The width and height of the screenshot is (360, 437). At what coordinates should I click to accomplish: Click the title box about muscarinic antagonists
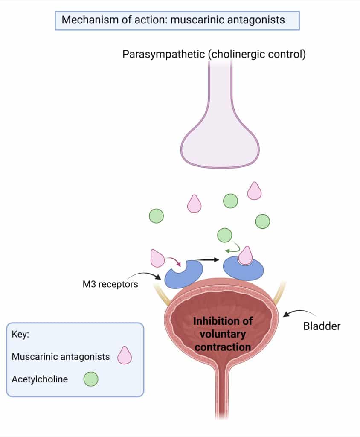[x=177, y=20]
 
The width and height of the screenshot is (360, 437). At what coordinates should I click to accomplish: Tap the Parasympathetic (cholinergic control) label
[x=214, y=55]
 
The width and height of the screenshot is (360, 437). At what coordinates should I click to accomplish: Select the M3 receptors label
[x=110, y=284]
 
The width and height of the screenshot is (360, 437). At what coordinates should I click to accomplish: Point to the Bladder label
[x=322, y=326]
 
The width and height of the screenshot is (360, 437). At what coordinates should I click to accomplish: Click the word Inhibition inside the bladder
[x=222, y=321]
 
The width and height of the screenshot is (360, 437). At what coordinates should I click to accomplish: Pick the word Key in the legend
[x=20, y=335]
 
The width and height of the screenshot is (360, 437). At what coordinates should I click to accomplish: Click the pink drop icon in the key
[x=125, y=355]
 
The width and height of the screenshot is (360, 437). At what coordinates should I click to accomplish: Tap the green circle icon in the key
[x=91, y=379]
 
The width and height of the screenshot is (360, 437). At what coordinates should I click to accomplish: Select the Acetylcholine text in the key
[x=40, y=379]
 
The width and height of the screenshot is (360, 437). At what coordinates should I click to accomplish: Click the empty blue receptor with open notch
[x=183, y=275]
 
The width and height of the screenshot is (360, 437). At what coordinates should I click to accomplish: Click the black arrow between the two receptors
[x=207, y=259]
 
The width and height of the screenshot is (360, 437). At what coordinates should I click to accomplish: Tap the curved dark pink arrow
[x=174, y=261]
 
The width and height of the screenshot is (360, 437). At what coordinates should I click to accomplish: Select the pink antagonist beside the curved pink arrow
[x=157, y=259]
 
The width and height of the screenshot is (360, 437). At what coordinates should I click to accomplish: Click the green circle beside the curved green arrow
[x=224, y=235]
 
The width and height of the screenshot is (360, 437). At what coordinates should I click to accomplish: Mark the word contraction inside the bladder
[x=222, y=346]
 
